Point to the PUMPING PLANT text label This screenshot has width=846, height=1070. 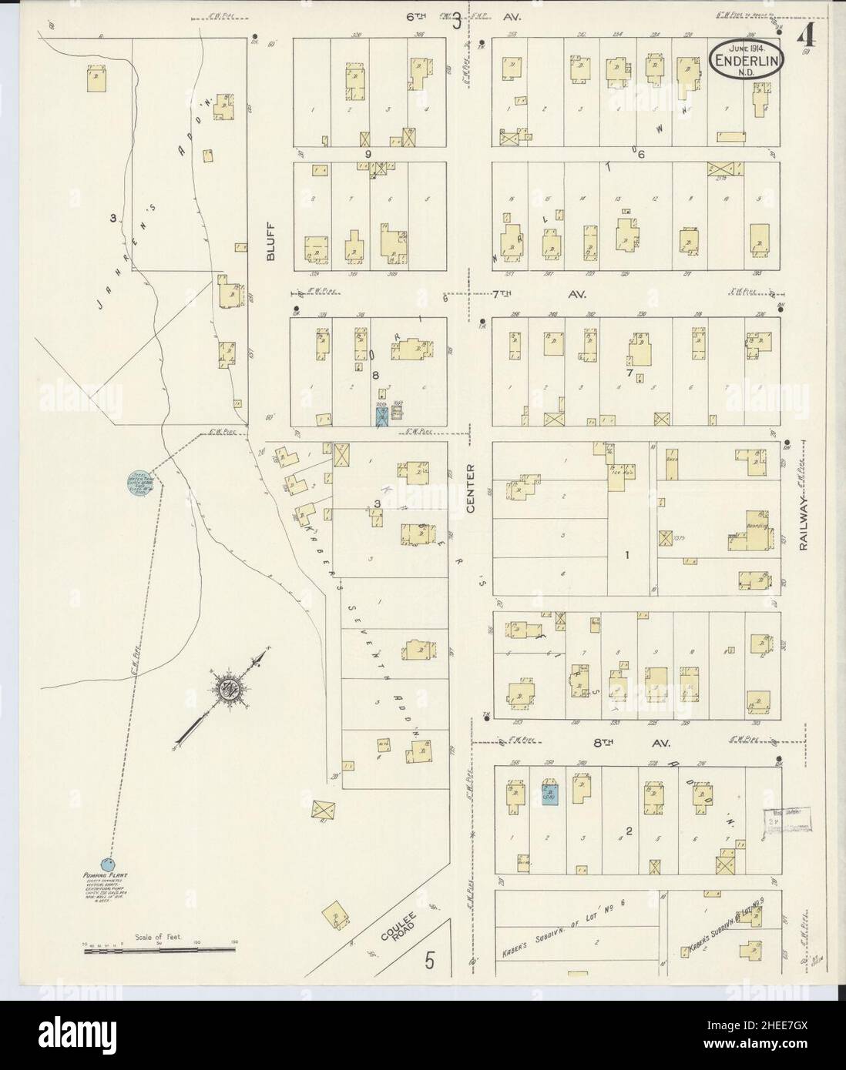pos(107,877)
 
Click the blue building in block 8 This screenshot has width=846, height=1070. pos(381,416)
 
